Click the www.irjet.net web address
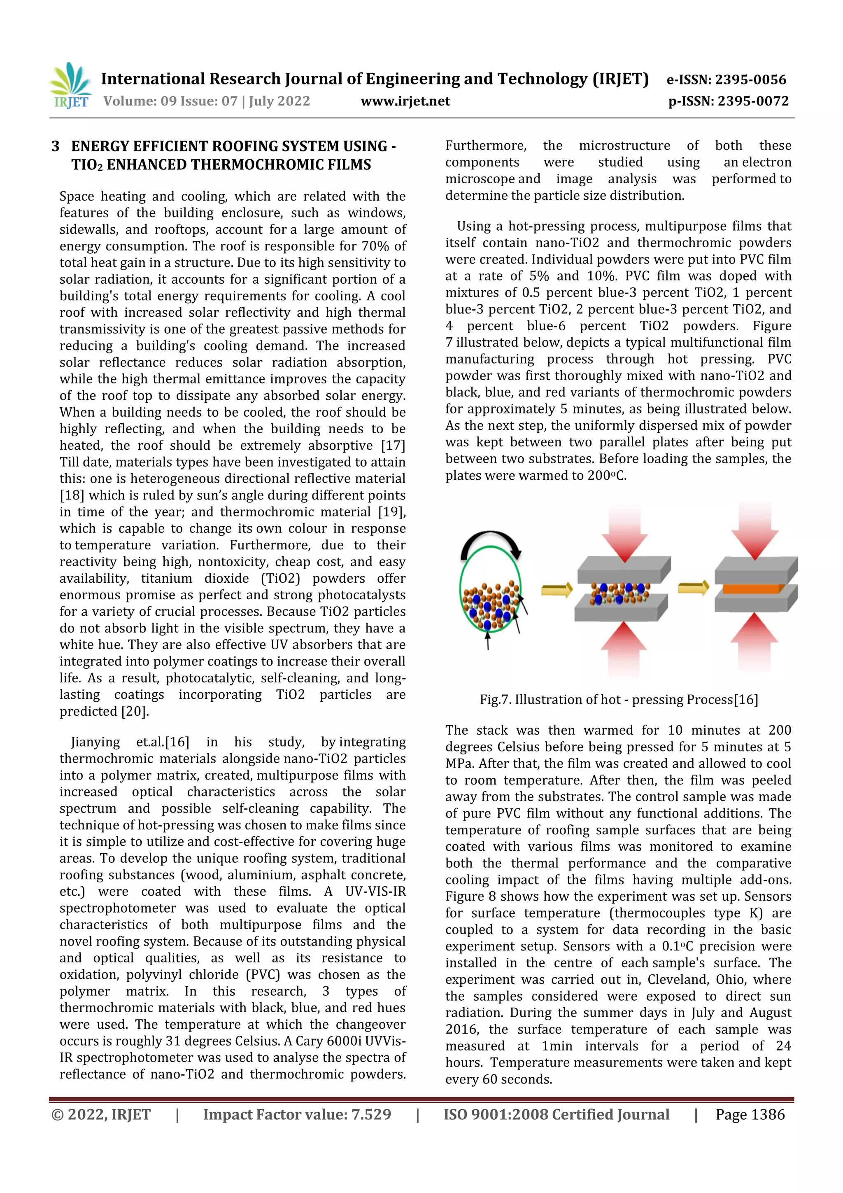tap(405, 101)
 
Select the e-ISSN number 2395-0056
tap(750, 79)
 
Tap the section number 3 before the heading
tap(56, 147)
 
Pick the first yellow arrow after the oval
tap(557, 590)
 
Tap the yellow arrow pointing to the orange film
tap(694, 587)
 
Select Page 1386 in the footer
tap(750, 1114)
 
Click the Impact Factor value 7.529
tap(371, 1114)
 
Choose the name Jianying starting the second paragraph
tap(95, 742)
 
